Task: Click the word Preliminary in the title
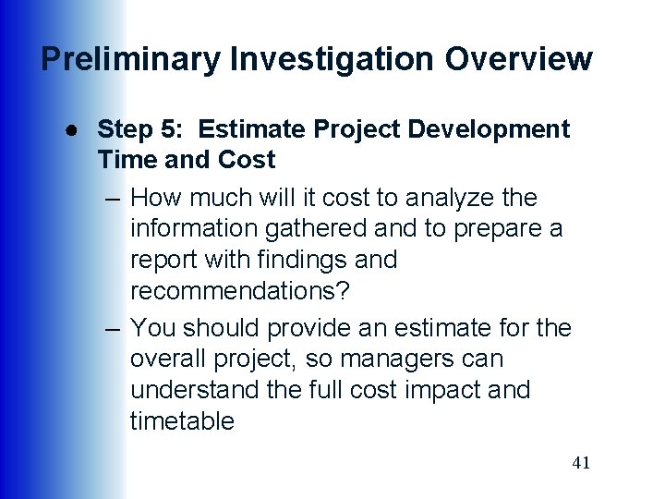tap(130, 59)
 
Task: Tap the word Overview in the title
tap(518, 59)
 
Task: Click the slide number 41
tap(581, 463)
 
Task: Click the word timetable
tap(182, 421)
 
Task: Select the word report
tap(163, 260)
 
